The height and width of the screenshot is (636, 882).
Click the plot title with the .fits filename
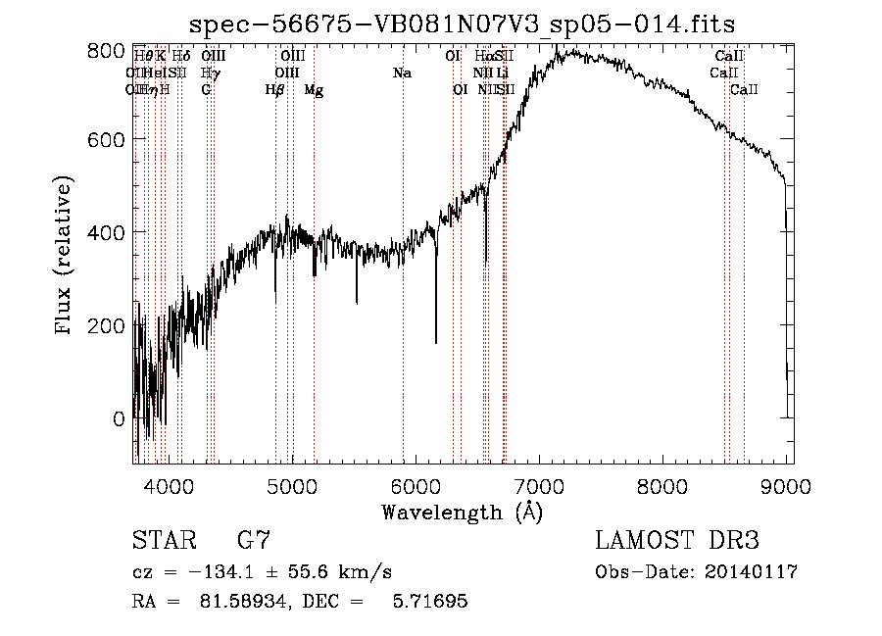[462, 24]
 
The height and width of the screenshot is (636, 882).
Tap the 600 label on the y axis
[112, 140]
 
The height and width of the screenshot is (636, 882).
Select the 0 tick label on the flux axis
[120, 418]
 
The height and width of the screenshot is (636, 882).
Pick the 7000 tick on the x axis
[538, 485]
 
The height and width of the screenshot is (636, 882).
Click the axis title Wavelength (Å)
[462, 512]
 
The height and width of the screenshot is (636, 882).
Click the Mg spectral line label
[314, 90]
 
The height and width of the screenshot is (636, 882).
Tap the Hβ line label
[275, 90]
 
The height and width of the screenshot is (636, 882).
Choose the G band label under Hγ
[206, 90]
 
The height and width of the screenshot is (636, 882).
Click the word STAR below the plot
[161, 540]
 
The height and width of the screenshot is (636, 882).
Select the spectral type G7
[253, 540]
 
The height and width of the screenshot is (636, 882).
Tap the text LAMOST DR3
[677, 540]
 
